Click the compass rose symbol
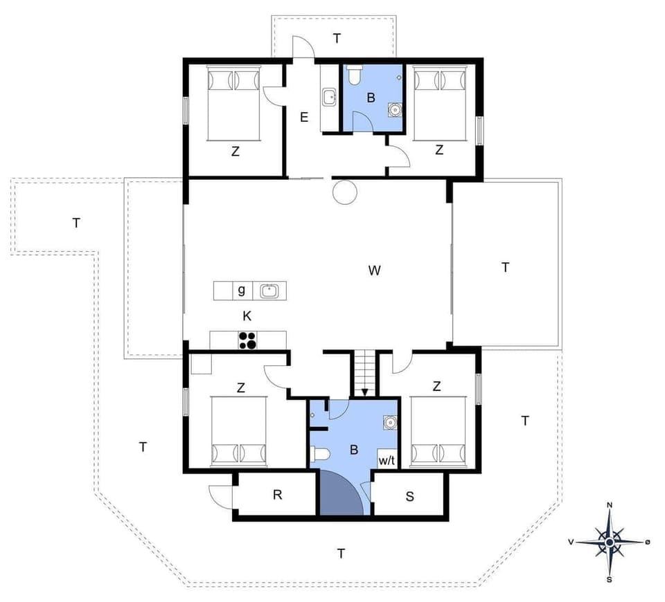[x=609, y=542]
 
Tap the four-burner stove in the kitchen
[x=247, y=340]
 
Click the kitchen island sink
[x=269, y=291]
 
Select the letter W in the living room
[x=375, y=271]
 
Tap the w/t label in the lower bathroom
[x=386, y=460]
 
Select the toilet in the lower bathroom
[x=320, y=455]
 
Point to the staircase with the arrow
[x=364, y=374]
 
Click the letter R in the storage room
[x=278, y=495]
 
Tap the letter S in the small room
[x=410, y=495]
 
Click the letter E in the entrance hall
[x=303, y=117]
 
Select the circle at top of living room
[x=344, y=192]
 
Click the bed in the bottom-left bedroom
[x=238, y=432]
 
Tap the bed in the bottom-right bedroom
[x=437, y=432]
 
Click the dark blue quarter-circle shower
[x=339, y=495]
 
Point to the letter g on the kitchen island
[x=241, y=291]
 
